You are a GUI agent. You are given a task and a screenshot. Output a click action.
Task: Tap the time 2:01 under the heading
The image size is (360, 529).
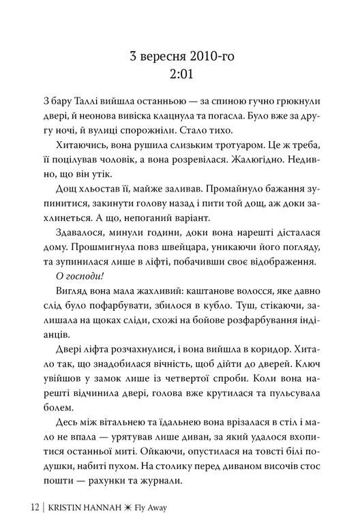click(x=180, y=74)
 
